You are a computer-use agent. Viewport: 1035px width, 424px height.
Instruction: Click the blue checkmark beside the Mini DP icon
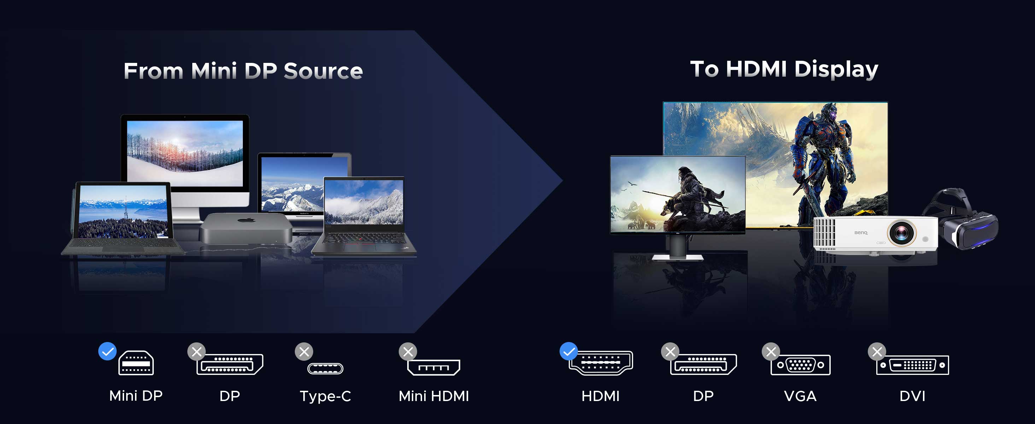(x=107, y=351)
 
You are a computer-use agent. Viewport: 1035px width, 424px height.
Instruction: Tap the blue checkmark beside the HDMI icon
(x=568, y=351)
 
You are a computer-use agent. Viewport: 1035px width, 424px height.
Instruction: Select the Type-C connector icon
(x=325, y=368)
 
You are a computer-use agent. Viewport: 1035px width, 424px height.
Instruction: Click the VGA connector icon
(x=800, y=365)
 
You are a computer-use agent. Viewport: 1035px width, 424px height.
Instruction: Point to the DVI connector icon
(x=912, y=365)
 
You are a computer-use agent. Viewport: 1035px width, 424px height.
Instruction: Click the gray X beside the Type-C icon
(x=304, y=352)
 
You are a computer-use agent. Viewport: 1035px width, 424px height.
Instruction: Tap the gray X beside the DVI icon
(x=877, y=352)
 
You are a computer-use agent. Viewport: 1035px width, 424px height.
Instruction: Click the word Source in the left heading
(x=323, y=71)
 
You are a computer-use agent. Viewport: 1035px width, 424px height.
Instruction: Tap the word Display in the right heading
(x=836, y=70)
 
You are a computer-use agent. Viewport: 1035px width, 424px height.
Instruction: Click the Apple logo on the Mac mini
(x=247, y=220)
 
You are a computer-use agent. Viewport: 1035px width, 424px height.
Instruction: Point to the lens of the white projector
(x=901, y=232)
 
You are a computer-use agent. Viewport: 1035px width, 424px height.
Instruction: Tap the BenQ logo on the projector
(x=861, y=232)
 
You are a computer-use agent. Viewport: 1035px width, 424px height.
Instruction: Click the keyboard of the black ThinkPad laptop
(x=364, y=238)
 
